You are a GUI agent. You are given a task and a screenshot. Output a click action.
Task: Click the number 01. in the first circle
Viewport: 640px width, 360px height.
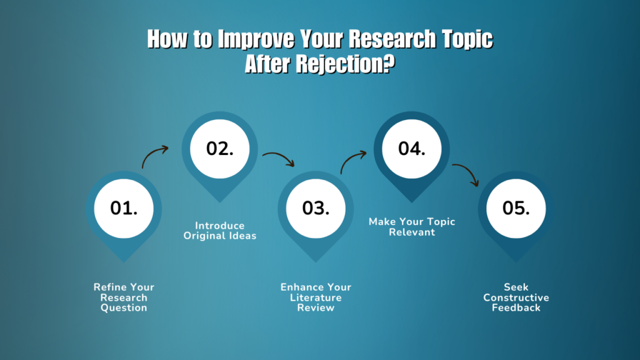click(124, 208)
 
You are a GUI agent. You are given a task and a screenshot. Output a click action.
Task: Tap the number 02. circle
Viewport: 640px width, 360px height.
click(220, 148)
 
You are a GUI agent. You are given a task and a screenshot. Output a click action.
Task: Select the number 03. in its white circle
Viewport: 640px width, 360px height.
click(316, 208)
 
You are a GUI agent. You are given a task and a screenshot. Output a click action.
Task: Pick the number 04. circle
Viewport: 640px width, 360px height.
click(412, 148)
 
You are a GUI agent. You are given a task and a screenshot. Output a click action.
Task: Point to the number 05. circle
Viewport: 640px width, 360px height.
click(516, 208)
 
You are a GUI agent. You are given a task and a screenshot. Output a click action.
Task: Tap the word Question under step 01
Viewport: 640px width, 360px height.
click(124, 307)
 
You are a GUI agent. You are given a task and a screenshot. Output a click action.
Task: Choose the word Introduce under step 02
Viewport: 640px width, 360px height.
click(220, 226)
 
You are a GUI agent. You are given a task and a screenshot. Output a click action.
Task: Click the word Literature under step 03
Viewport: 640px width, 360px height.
click(316, 297)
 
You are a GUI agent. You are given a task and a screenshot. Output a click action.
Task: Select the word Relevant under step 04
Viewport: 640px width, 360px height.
click(412, 232)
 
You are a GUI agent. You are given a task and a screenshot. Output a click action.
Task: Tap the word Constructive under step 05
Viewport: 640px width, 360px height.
click(516, 297)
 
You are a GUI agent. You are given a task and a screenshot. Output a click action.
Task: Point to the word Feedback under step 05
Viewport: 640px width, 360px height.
click(516, 307)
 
